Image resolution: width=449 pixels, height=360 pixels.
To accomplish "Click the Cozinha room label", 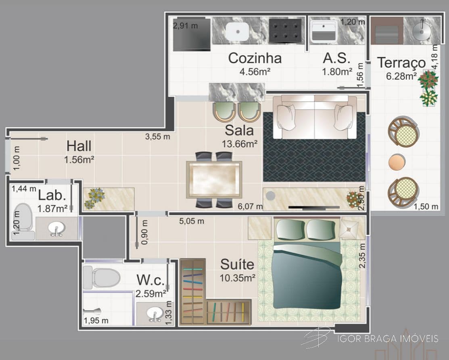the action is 255,58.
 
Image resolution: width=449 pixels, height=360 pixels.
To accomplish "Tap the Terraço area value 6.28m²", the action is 401,77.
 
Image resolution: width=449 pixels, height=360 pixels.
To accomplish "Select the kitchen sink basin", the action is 237,31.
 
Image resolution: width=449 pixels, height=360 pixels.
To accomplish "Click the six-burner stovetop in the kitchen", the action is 285,30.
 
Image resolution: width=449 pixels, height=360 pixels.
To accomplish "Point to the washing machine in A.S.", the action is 323,31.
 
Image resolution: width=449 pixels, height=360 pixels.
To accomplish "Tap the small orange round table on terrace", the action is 397,162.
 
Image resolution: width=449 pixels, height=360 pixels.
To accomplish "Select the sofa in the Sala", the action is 315,117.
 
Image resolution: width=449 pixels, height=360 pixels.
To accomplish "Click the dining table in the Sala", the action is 214,180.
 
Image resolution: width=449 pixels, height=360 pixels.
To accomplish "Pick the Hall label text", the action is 79,146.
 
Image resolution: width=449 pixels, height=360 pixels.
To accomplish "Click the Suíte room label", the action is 237,264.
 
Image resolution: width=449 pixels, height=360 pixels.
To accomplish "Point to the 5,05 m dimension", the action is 192,221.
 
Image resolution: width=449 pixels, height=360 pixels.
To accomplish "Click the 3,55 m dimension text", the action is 157,137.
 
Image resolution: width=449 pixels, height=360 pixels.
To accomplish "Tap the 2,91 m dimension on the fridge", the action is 185,26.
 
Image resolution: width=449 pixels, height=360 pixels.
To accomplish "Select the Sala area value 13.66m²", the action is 240,144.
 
